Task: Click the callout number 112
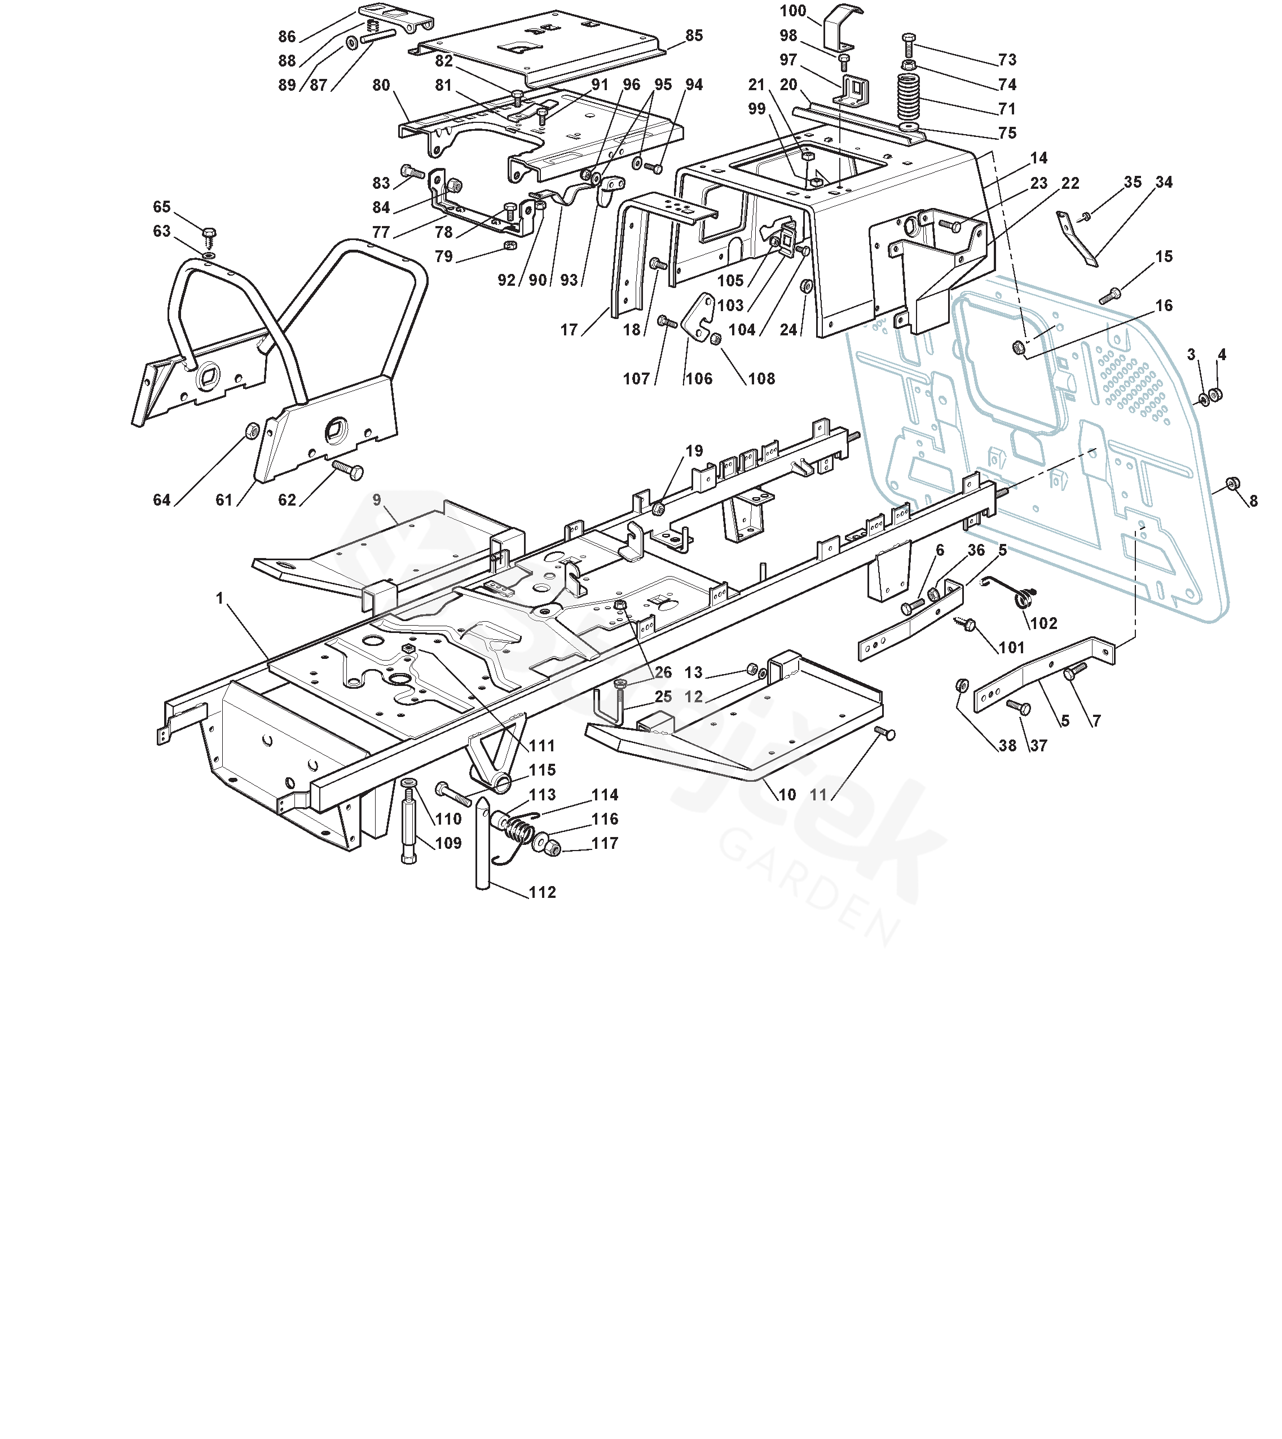[x=543, y=892]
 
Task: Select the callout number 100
[x=793, y=11]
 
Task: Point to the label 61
[x=224, y=500]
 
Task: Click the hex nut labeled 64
[x=251, y=430]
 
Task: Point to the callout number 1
[x=220, y=599]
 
